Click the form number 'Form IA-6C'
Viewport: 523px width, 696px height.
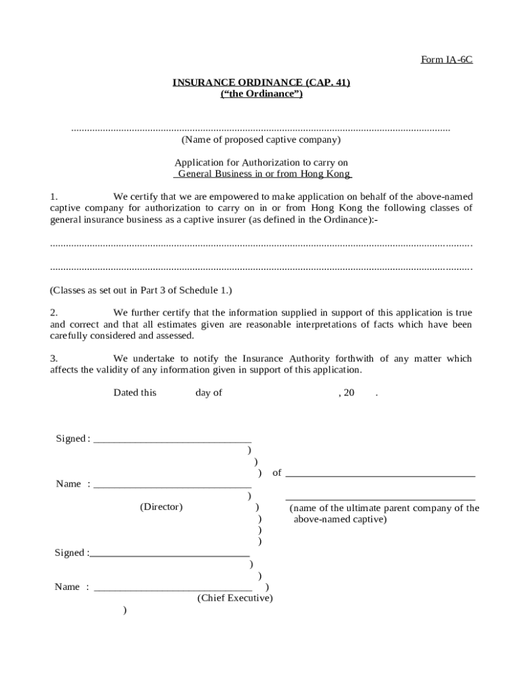tap(446, 60)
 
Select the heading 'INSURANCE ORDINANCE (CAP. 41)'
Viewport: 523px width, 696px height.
tap(261, 82)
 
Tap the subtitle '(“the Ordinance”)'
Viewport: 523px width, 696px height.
tap(261, 94)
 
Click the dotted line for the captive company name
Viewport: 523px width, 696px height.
tap(261, 128)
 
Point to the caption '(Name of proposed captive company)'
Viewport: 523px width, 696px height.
tap(261, 140)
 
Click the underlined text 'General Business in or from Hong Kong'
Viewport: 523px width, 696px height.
tap(262, 174)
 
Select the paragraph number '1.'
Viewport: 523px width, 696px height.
tap(54, 196)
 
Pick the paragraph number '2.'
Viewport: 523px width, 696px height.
tap(54, 313)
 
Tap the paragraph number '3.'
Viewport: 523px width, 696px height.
tap(54, 358)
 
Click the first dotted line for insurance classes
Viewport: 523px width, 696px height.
tap(261, 244)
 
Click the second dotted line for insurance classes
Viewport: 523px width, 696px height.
tap(261, 269)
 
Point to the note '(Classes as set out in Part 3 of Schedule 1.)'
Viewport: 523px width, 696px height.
tap(141, 290)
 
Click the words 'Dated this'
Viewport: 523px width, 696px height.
tap(134, 393)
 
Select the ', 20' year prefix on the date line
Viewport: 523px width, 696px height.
tap(346, 393)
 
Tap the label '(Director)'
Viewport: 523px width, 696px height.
tap(161, 507)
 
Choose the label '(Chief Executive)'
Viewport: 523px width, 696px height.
tap(235, 598)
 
